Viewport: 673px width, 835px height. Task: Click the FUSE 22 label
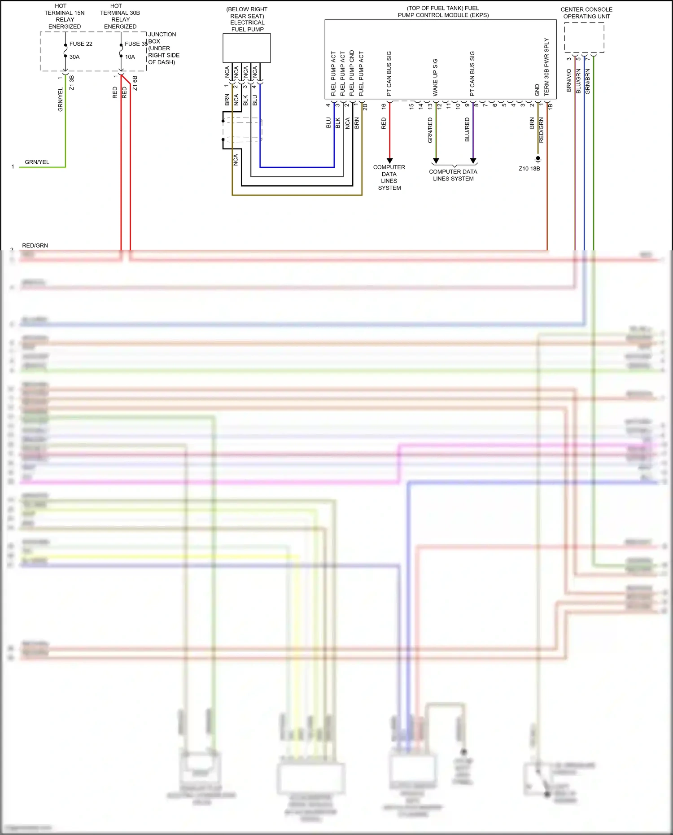tap(81, 44)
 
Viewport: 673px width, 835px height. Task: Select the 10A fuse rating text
tap(130, 57)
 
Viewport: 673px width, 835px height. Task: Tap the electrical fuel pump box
tap(247, 48)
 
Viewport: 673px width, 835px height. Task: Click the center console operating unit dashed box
tap(584, 38)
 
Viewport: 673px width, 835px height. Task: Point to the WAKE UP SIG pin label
tap(435, 77)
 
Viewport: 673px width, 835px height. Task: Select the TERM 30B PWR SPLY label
tap(546, 66)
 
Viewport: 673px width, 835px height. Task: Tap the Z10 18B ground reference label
tap(529, 169)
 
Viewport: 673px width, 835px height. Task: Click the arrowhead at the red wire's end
tap(389, 160)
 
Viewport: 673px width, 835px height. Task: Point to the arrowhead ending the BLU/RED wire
tap(473, 160)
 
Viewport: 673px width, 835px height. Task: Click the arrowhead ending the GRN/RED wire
tap(436, 160)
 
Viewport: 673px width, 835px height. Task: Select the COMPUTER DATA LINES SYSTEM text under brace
tap(453, 175)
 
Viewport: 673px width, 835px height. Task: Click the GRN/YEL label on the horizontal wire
tap(37, 162)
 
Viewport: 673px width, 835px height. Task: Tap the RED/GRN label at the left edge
tap(35, 245)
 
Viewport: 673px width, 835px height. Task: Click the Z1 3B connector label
tap(72, 83)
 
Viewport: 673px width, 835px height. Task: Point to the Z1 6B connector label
tap(135, 83)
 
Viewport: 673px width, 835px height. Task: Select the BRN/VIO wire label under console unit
tap(569, 80)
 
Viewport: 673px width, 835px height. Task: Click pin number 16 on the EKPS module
tap(384, 106)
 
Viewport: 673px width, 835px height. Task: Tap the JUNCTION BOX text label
tap(162, 38)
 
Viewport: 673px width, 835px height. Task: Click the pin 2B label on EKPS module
tap(365, 107)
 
